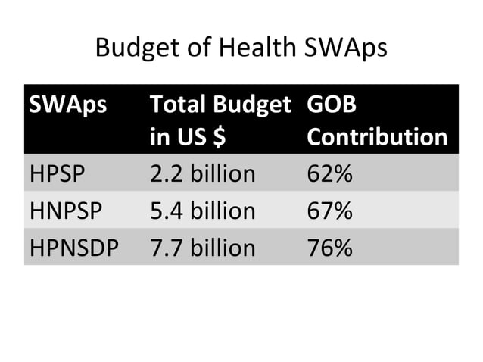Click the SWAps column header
(x=67, y=105)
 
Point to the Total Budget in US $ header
(x=220, y=120)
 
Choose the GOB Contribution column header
(x=376, y=120)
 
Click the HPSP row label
(x=58, y=173)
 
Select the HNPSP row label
(x=65, y=210)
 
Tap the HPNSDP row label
(x=74, y=246)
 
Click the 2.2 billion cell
(x=203, y=173)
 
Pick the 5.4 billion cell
(x=203, y=210)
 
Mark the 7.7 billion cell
(x=203, y=246)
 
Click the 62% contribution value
(x=329, y=173)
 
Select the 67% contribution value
(x=329, y=210)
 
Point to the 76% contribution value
(x=329, y=246)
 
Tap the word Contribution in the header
(x=376, y=137)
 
